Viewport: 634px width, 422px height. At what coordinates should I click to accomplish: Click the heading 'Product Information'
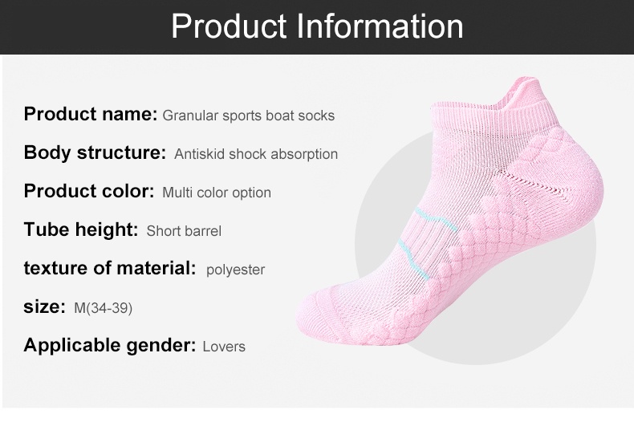click(318, 26)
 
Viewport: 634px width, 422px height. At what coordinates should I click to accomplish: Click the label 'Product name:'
click(91, 114)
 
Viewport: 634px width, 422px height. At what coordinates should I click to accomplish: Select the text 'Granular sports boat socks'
click(248, 116)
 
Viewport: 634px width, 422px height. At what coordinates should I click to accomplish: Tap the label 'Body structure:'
click(95, 152)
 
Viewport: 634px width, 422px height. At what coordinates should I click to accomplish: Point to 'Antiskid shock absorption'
click(256, 154)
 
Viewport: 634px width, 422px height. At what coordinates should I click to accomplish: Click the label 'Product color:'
click(89, 191)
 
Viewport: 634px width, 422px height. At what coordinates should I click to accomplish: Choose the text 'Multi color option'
click(217, 193)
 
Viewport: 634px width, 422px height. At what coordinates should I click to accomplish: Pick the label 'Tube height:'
click(81, 229)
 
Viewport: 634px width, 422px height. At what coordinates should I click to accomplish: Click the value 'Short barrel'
click(184, 231)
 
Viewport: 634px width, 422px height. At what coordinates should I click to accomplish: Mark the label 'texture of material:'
click(110, 268)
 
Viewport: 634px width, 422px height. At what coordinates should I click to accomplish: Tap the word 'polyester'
click(235, 270)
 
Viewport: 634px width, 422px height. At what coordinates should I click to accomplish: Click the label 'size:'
click(44, 306)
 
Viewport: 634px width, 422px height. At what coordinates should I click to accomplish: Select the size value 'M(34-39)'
click(103, 308)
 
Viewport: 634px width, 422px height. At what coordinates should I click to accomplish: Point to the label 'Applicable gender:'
click(110, 346)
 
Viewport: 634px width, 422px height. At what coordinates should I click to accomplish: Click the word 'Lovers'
click(224, 347)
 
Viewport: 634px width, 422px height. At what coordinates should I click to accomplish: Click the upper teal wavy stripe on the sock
click(436, 219)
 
